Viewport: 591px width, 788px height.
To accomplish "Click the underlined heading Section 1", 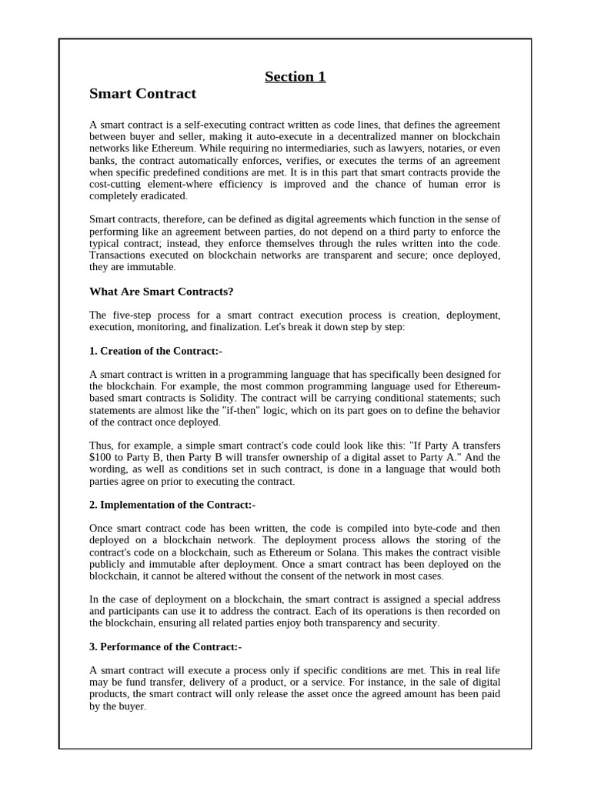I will point(295,76).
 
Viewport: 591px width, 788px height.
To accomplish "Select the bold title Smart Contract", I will point(142,94).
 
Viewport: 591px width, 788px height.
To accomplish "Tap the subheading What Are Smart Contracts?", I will point(161,291).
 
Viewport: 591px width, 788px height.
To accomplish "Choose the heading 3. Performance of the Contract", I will point(165,646).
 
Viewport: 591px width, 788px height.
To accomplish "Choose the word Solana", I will point(340,552).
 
